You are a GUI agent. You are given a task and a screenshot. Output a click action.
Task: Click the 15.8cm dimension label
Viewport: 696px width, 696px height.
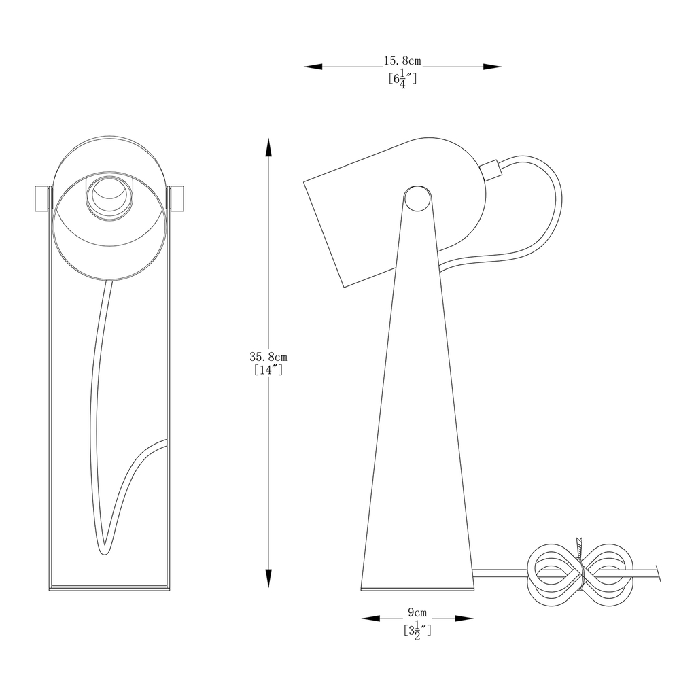[x=402, y=60]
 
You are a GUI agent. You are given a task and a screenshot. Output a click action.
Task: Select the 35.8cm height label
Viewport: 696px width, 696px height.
[x=268, y=356]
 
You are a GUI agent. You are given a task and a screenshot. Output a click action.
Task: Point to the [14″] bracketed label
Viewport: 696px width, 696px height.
[x=268, y=370]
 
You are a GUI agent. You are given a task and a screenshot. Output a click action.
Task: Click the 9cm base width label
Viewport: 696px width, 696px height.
[x=417, y=612]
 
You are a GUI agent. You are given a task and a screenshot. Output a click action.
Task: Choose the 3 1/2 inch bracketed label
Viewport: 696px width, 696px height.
[x=417, y=631]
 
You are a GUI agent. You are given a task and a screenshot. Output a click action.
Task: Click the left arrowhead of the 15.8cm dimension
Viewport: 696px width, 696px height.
[x=313, y=67]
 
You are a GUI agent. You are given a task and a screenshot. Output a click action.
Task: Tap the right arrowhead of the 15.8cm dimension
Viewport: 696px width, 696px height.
[x=492, y=67]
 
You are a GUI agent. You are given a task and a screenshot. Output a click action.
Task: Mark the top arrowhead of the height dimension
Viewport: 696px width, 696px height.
[x=268, y=147]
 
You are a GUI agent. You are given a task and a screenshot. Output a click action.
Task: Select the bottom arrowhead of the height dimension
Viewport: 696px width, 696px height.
[x=268, y=578]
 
